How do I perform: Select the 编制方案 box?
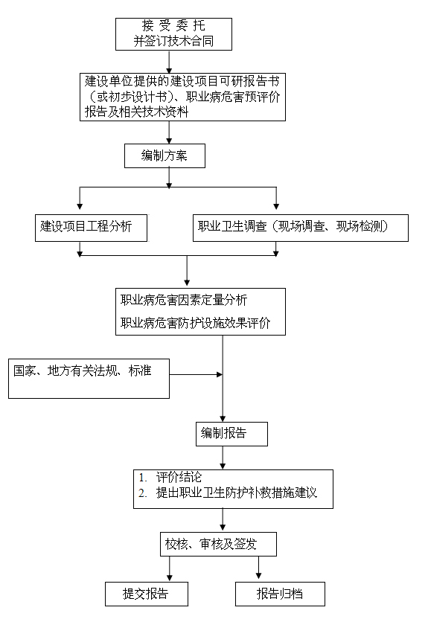pyautogui.click(x=164, y=155)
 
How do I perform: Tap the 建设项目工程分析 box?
pyautogui.click(x=90, y=227)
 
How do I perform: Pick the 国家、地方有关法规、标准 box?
pyautogui.click(x=89, y=377)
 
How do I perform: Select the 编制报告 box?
pyautogui.click(x=223, y=433)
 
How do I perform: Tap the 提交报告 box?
pyautogui.click(x=145, y=594)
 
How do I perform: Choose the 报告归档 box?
pyautogui.click(x=280, y=594)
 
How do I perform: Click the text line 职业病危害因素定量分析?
pyautogui.click(x=184, y=301)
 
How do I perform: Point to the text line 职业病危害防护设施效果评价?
pyautogui.click(x=195, y=324)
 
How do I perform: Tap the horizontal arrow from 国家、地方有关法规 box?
pyautogui.click(x=197, y=375)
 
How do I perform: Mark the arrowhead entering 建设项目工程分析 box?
pyautogui.click(x=80, y=206)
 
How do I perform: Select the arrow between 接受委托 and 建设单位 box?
pyautogui.click(x=170, y=62)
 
